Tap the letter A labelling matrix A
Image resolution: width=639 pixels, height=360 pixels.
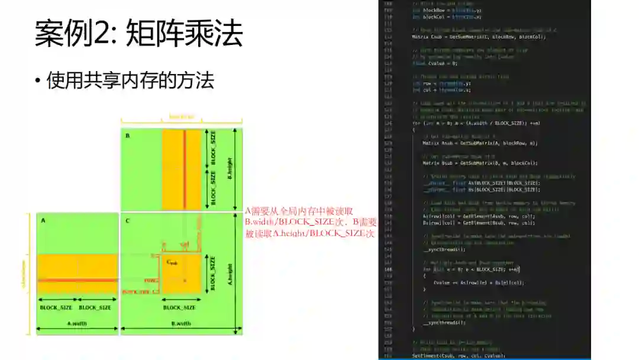pos(43,220)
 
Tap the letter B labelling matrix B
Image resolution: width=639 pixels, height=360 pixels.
pos(127,136)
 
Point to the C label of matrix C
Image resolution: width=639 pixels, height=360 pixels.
pos(127,220)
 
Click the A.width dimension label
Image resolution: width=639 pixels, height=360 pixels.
pos(76,323)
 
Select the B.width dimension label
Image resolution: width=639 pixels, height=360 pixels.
pos(181,323)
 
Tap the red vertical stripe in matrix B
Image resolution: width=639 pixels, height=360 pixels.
pos(185,169)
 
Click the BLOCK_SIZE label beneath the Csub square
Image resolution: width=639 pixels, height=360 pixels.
pos(179,307)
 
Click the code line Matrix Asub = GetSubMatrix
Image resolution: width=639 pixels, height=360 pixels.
pos(464,143)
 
